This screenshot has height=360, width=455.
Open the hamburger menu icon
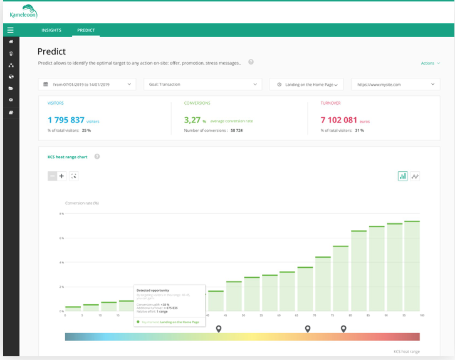pyautogui.click(x=10, y=30)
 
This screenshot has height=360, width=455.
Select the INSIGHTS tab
pyautogui.click(x=51, y=30)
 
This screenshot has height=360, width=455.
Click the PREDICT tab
pyautogui.click(x=86, y=30)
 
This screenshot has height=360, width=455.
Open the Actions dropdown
pyautogui.click(x=430, y=63)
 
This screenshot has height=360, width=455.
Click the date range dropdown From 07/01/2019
pyautogui.click(x=87, y=84)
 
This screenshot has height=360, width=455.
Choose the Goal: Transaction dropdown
pyautogui.click(x=202, y=84)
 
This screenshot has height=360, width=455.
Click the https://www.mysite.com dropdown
pyautogui.click(x=395, y=84)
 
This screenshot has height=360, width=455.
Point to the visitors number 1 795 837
pyautogui.click(x=66, y=120)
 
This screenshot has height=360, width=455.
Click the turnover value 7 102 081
pyautogui.click(x=339, y=120)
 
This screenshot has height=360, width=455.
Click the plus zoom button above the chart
pyautogui.click(x=61, y=176)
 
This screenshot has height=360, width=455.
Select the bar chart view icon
pyautogui.click(x=402, y=176)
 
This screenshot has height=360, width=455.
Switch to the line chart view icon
pyautogui.click(x=415, y=176)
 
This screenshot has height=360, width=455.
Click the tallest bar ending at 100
pyautogui.click(x=412, y=266)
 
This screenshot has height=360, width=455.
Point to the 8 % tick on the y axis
pyautogui.click(x=61, y=214)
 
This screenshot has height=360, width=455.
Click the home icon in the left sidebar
pyautogui.click(x=11, y=41)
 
